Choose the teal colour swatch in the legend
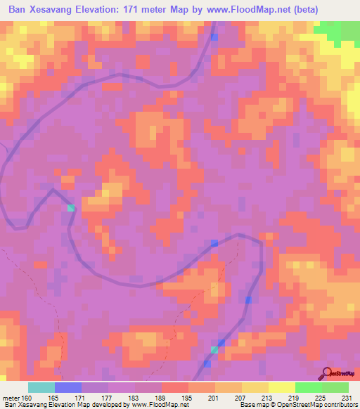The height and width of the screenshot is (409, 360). tap(41, 387)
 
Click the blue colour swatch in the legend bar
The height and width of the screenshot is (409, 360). tap(68, 387)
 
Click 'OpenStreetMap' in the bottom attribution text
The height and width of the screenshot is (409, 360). tap(288, 405)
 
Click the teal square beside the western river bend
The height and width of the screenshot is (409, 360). tap(70, 208)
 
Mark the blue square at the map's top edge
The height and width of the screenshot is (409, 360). tap(214, 37)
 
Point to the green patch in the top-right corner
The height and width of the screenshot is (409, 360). tap(338, 31)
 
